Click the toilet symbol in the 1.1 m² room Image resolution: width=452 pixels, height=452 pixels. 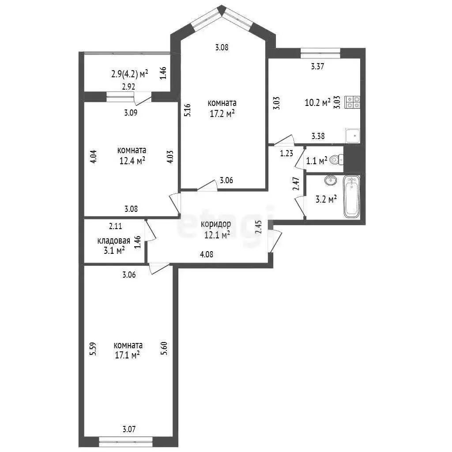point(336,159)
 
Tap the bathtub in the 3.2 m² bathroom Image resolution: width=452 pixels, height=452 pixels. point(352,196)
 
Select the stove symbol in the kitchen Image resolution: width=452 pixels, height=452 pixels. point(352,102)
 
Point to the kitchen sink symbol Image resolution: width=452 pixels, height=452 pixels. point(353,136)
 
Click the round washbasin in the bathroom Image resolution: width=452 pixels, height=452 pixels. point(330,180)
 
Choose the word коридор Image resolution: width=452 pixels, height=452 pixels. point(216,224)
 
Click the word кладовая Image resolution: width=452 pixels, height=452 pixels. point(113,241)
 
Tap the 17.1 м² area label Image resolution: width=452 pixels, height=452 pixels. point(128,355)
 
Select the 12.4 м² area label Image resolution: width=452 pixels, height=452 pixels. point(132,161)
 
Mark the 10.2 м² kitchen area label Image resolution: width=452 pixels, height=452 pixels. point(318,102)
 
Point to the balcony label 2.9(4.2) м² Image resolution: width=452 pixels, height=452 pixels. point(130,74)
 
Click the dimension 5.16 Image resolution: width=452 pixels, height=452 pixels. point(187,110)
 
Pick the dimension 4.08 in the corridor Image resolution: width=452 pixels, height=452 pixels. point(207,254)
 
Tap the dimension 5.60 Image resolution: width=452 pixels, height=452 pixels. point(164,348)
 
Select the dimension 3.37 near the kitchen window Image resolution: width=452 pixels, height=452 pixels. point(318,66)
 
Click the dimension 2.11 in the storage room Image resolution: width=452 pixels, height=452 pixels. point(115,226)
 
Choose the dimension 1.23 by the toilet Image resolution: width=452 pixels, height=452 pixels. point(286,153)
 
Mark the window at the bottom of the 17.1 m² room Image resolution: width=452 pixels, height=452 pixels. point(126,441)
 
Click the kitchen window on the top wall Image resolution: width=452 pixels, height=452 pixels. point(320,51)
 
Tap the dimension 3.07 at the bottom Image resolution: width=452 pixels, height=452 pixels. point(129,429)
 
